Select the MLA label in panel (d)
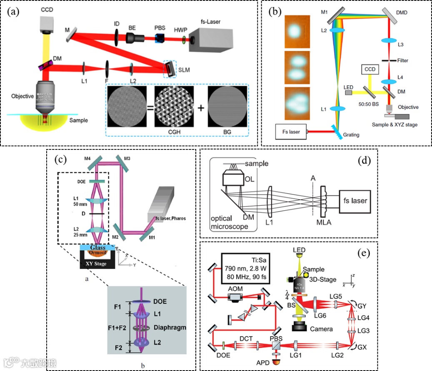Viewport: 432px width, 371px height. pos(323,223)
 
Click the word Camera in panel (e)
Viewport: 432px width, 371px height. pos(321,329)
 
